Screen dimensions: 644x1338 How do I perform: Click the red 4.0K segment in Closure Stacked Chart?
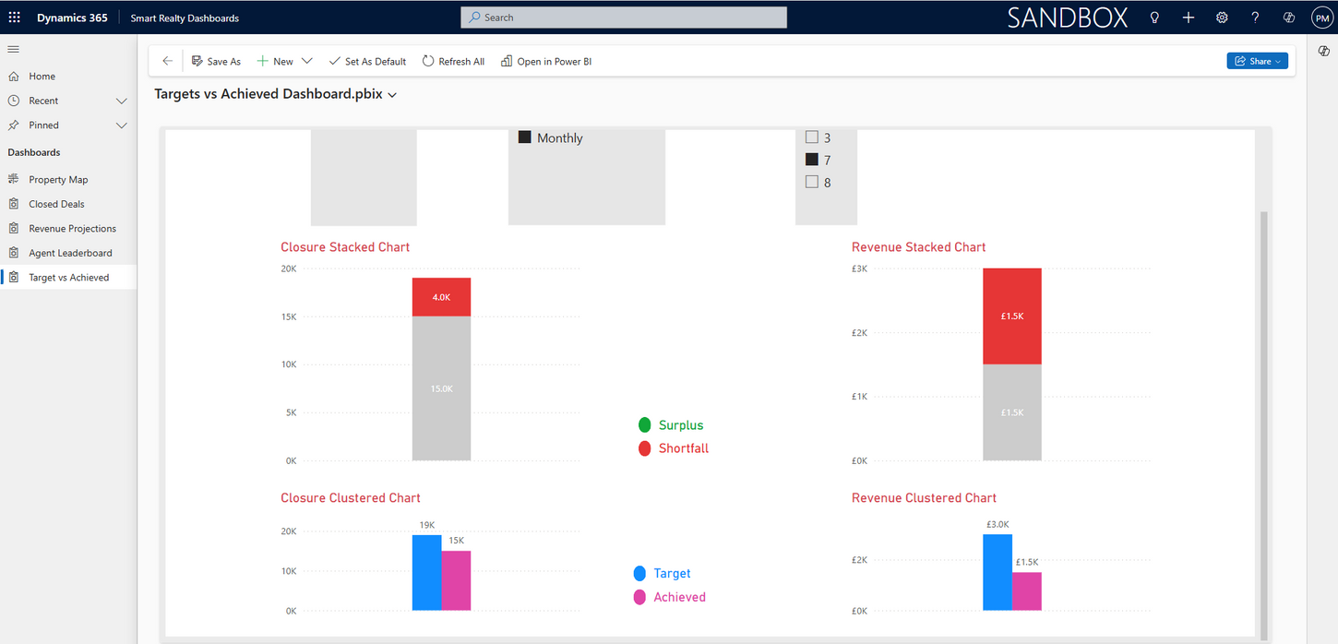click(441, 297)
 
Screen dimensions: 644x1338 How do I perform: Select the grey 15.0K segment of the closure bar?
click(441, 388)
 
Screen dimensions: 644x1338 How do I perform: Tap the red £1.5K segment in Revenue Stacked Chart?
click(1011, 316)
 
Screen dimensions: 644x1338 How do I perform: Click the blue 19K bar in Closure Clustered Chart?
click(426, 573)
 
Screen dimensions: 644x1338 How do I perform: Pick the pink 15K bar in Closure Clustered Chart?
click(456, 580)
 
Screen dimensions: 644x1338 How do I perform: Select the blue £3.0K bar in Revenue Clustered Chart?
click(997, 572)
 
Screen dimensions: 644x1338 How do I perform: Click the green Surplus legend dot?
click(645, 425)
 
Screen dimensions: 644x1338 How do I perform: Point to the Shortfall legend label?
click(683, 448)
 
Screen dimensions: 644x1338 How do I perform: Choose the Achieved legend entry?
click(679, 597)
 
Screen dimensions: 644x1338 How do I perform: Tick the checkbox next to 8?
click(812, 182)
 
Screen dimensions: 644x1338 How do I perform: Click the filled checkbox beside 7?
click(812, 160)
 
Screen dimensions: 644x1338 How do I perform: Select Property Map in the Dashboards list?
click(58, 180)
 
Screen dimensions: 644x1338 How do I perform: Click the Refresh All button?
click(453, 62)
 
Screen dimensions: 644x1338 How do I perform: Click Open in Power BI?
click(546, 62)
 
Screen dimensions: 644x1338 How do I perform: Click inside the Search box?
click(624, 18)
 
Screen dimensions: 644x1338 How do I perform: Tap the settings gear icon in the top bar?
click(1222, 18)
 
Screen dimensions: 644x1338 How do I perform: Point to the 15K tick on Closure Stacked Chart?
click(289, 316)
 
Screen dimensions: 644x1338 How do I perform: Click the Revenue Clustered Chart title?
click(924, 498)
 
